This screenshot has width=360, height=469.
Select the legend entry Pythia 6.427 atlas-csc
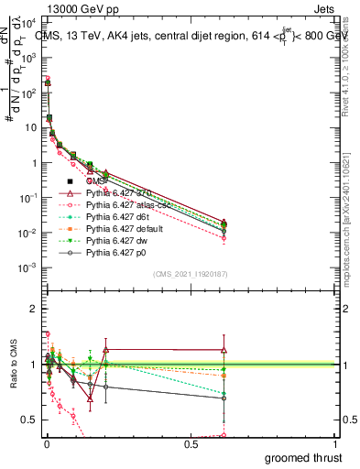click(116, 205)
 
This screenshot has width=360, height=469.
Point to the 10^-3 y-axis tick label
click(27, 267)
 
